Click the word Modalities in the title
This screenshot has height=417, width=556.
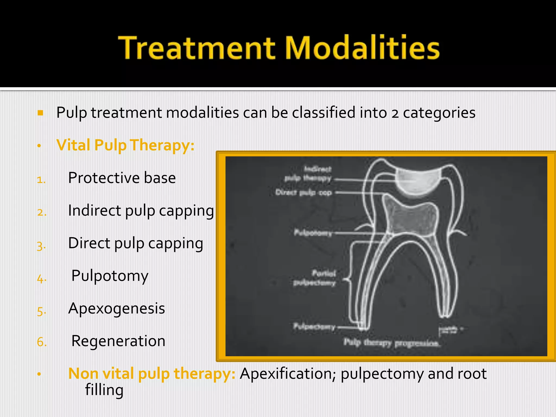[x=362, y=48]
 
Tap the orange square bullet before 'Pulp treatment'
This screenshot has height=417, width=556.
[x=40, y=113]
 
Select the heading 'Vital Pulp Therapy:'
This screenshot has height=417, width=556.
[x=125, y=145]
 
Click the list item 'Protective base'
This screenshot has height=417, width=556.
[x=122, y=178]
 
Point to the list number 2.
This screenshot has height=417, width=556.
[x=42, y=212]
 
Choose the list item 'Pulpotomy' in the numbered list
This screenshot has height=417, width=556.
[x=110, y=276]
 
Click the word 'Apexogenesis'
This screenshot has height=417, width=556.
[x=116, y=308]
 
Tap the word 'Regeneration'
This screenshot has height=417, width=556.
[x=118, y=341]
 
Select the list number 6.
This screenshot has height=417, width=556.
[x=42, y=342]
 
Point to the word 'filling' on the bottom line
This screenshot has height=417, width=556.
[x=104, y=390]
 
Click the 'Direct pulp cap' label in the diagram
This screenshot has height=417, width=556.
[x=304, y=192]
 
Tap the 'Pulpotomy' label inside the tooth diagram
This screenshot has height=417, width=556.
[x=313, y=233]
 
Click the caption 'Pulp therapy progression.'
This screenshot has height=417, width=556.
[x=391, y=343]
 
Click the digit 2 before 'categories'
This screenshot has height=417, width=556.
[x=395, y=113]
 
